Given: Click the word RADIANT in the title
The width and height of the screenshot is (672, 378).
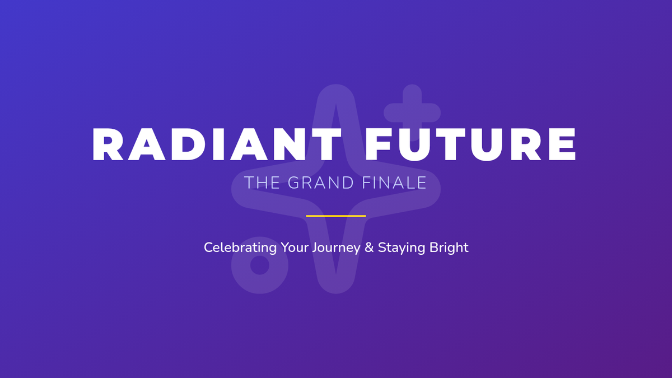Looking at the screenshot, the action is point(217,144).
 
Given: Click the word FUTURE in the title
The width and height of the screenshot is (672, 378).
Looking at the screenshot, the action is point(470,144).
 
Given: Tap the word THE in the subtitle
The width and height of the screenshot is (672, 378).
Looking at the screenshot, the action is point(262,183).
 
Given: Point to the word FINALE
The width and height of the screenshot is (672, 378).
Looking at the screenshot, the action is point(394,183).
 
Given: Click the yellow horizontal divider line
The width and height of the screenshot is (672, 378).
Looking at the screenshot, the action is point(336,216).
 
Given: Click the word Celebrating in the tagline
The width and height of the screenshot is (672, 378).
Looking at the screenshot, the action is point(240,248).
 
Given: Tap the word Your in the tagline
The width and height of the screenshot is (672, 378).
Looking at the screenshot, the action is point(295,248).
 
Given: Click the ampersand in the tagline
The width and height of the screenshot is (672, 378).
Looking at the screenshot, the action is point(369,248).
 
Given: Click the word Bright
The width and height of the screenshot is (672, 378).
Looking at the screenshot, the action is point(449,248).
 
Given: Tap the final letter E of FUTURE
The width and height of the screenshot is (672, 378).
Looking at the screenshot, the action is point(562,144).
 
